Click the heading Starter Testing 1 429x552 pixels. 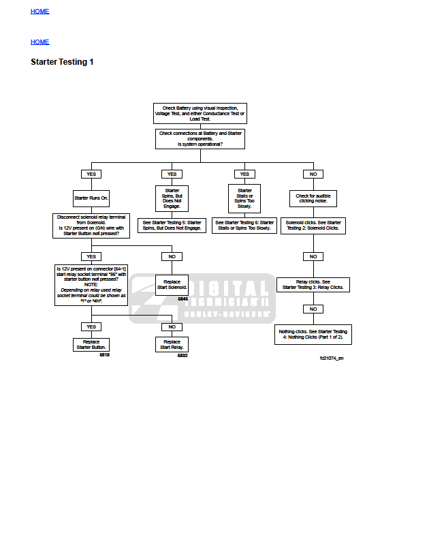62,62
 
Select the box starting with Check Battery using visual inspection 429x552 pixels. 200,113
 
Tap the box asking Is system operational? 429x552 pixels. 200,138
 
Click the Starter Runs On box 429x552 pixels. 91,199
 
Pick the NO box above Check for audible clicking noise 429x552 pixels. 313,174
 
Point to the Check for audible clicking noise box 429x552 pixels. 313,198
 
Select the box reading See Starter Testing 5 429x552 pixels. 172,225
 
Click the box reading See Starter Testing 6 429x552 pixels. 244,225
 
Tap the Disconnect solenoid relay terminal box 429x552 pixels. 91,226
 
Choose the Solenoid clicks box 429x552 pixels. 313,225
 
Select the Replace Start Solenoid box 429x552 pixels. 172,284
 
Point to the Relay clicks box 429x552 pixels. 313,284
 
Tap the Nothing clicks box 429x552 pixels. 313,334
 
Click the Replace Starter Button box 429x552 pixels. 91,344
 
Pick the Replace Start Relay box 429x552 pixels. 172,344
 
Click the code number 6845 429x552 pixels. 182,299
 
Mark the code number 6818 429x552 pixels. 104,355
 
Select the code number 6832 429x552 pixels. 182,355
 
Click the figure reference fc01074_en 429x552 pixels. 332,358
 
